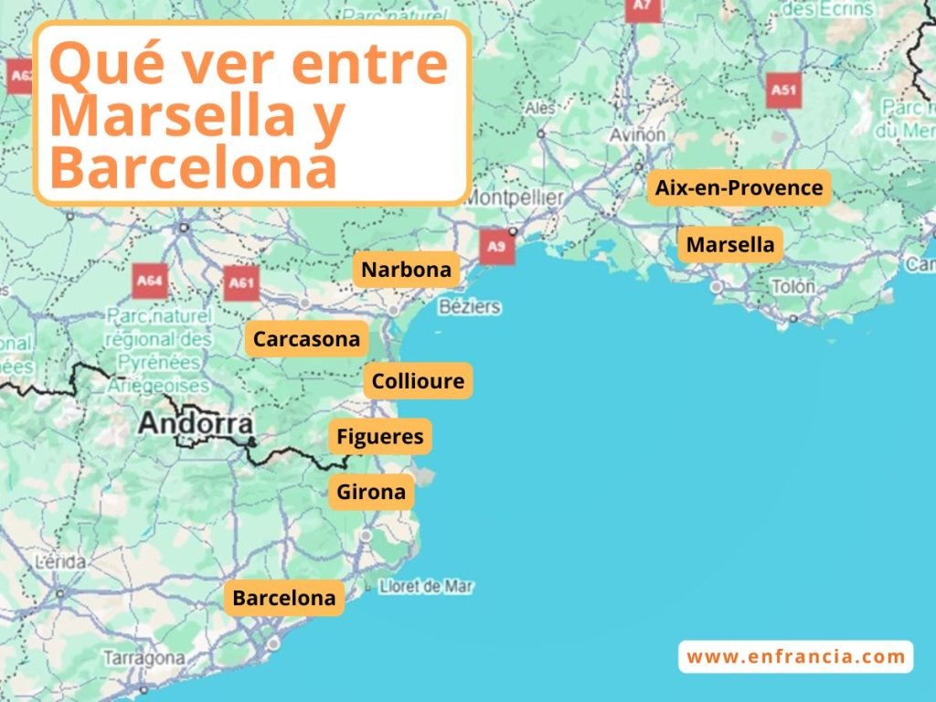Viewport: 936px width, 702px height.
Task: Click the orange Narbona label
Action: click(406, 270)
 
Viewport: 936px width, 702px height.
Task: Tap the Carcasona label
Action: click(306, 339)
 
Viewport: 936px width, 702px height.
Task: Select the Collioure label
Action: click(418, 380)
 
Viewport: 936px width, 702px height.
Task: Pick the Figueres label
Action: click(379, 437)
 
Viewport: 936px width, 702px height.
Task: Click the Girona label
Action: click(370, 492)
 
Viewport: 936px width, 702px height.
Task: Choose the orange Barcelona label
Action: click(283, 598)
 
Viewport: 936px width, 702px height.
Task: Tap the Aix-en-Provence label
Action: click(739, 188)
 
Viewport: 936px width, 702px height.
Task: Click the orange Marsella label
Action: click(729, 244)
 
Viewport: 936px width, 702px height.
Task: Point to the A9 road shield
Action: click(496, 246)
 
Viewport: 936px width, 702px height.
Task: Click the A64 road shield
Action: click(149, 281)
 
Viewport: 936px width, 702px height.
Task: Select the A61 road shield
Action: click(241, 282)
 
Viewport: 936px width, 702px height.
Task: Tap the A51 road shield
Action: click(783, 90)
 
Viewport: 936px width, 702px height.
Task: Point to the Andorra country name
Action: click(196, 424)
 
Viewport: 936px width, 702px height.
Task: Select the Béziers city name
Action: click(470, 306)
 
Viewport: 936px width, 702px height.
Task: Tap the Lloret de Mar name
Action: click(425, 586)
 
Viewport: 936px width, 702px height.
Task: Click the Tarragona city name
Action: click(144, 657)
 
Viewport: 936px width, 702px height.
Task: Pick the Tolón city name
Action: click(792, 287)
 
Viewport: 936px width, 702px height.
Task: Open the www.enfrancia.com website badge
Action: click(795, 656)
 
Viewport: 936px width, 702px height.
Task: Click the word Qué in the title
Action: click(99, 64)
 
